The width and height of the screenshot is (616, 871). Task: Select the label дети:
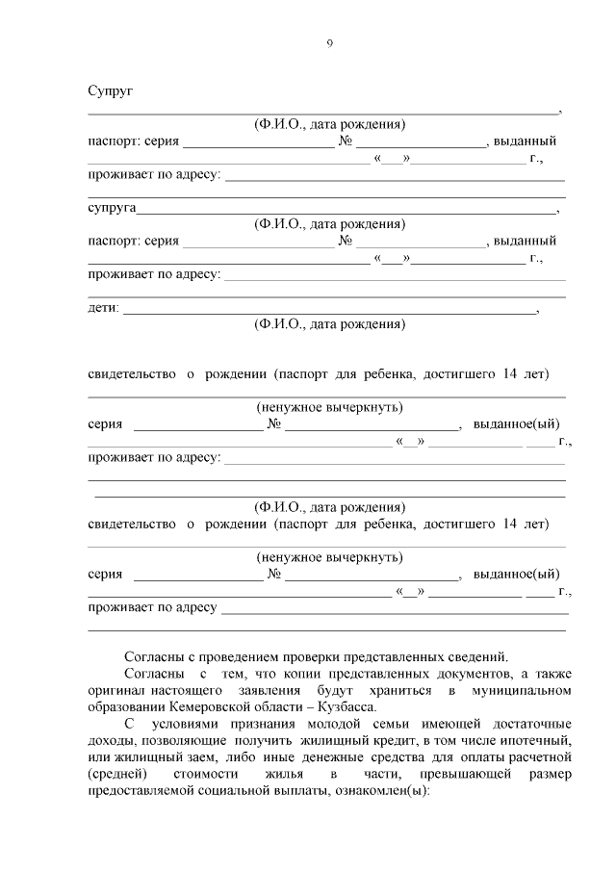click(x=104, y=308)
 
